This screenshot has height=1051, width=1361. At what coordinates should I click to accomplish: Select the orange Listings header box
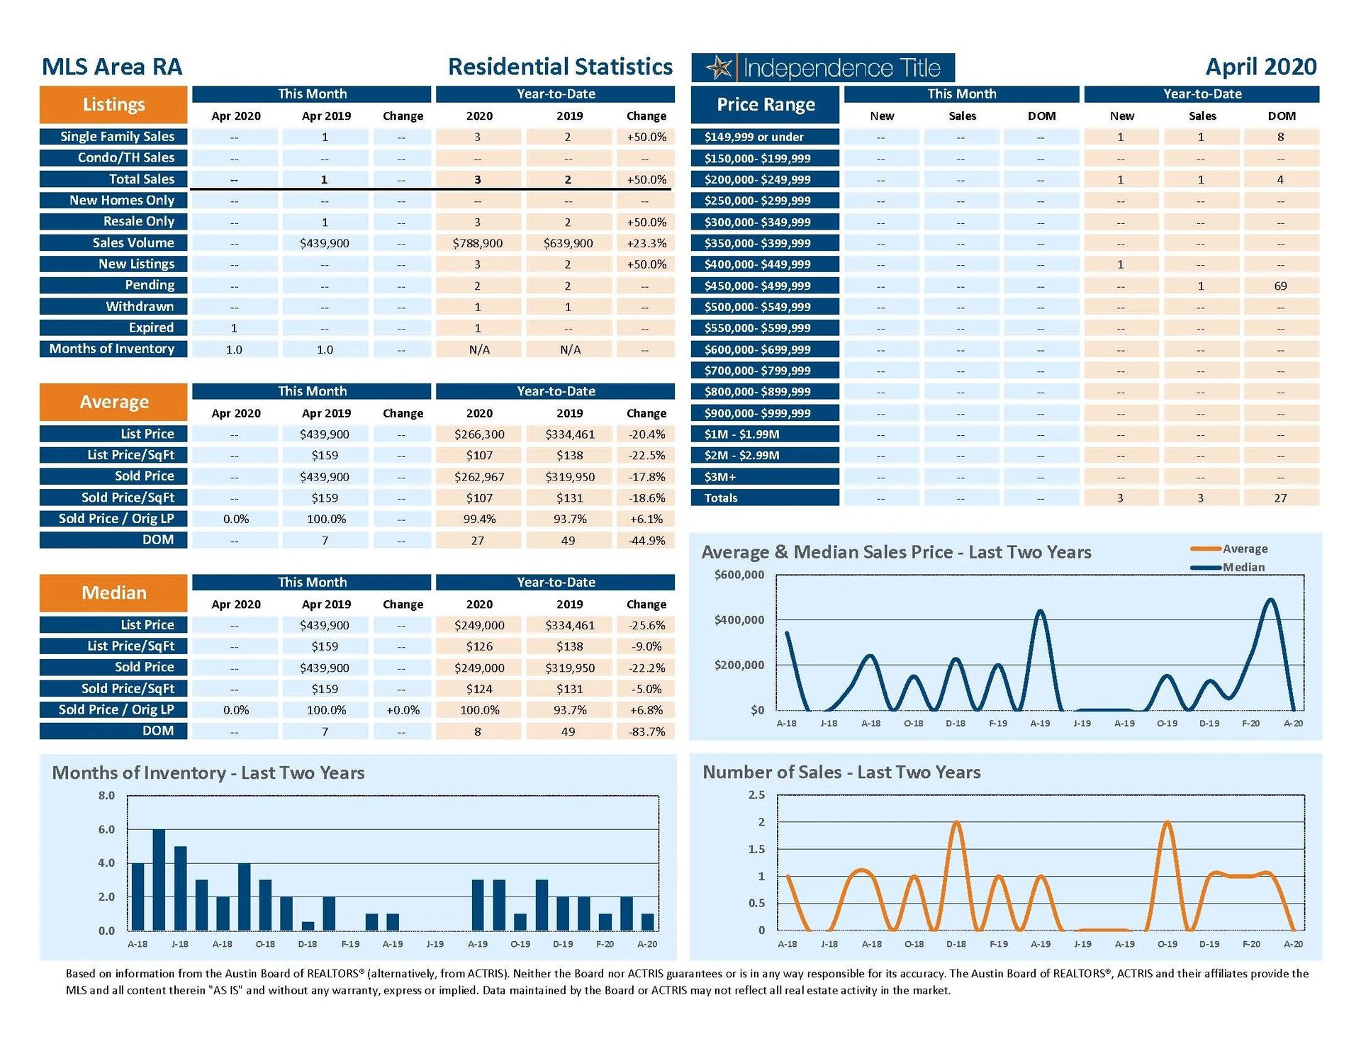113,105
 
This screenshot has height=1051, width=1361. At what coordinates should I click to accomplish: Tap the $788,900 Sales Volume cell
478,243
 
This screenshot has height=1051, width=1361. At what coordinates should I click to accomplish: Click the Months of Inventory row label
113,349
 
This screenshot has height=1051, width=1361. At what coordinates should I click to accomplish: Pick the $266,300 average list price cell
479,434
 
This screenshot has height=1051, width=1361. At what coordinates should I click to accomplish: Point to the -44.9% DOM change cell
646,540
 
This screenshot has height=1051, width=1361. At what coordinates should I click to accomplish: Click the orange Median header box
113,592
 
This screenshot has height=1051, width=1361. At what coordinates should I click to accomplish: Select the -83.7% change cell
646,731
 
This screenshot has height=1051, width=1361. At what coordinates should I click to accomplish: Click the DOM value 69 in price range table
1280,286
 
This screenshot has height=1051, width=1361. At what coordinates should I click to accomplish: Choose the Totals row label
721,498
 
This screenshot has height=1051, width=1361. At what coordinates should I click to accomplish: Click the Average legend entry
1244,549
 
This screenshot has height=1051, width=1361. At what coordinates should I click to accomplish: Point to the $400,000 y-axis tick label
739,620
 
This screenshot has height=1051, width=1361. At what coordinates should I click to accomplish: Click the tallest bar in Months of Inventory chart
159,879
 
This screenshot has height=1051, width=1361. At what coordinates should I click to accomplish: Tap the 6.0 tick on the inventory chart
106,829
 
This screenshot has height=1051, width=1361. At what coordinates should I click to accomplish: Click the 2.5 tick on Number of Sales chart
756,795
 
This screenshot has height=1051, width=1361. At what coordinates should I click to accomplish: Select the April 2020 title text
1260,67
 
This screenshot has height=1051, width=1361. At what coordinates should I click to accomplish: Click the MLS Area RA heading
112,67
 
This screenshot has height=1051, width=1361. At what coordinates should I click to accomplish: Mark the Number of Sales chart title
841,772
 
